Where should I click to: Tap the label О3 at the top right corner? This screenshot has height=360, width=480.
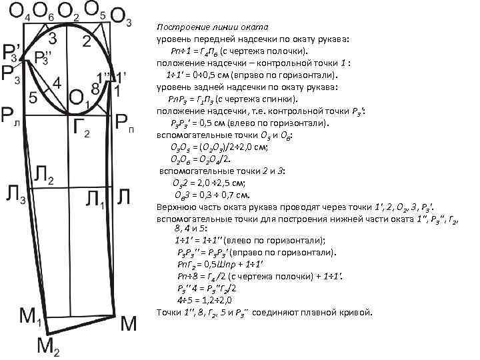click(x=121, y=18)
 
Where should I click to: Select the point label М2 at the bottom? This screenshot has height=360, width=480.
click(x=49, y=345)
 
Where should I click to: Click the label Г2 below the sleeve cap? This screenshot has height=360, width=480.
click(x=81, y=127)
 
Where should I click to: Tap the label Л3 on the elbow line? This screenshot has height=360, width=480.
click(x=16, y=194)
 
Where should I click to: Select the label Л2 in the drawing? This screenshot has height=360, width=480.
click(x=44, y=175)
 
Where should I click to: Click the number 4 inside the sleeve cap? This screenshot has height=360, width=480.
click(x=57, y=85)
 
